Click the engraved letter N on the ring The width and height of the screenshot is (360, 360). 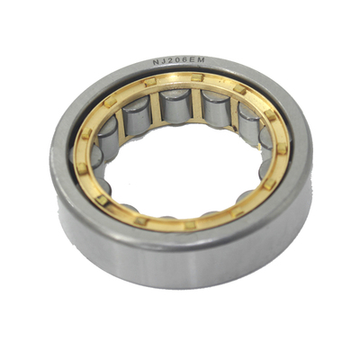(x=156, y=62)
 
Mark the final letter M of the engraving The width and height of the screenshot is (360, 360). (x=201, y=60)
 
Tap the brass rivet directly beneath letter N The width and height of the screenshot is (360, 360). (x=150, y=82)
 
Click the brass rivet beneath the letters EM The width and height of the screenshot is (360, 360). (x=197, y=77)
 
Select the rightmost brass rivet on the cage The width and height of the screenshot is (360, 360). (x=282, y=148)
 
